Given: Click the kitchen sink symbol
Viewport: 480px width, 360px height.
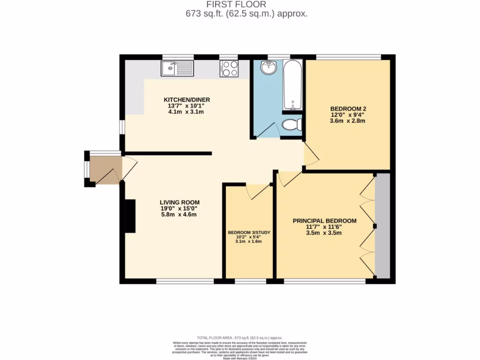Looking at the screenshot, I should click(178, 69).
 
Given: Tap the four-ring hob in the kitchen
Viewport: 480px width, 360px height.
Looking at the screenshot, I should click(229, 69).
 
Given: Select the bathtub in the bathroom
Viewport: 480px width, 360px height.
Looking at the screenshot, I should click(292, 85).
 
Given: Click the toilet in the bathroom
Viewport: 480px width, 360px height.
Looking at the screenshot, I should click(292, 125).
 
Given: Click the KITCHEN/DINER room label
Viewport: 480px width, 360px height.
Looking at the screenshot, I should click(187, 100).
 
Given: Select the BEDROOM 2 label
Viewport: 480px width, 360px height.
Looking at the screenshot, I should click(347, 109).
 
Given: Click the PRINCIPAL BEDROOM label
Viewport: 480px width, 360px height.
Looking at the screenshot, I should click(324, 221).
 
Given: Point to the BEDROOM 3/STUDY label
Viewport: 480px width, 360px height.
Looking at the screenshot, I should click(249, 232).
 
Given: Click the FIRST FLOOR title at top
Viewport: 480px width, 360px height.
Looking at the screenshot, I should click(246, 5).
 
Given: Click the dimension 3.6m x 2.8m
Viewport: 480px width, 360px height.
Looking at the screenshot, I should click(347, 121).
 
